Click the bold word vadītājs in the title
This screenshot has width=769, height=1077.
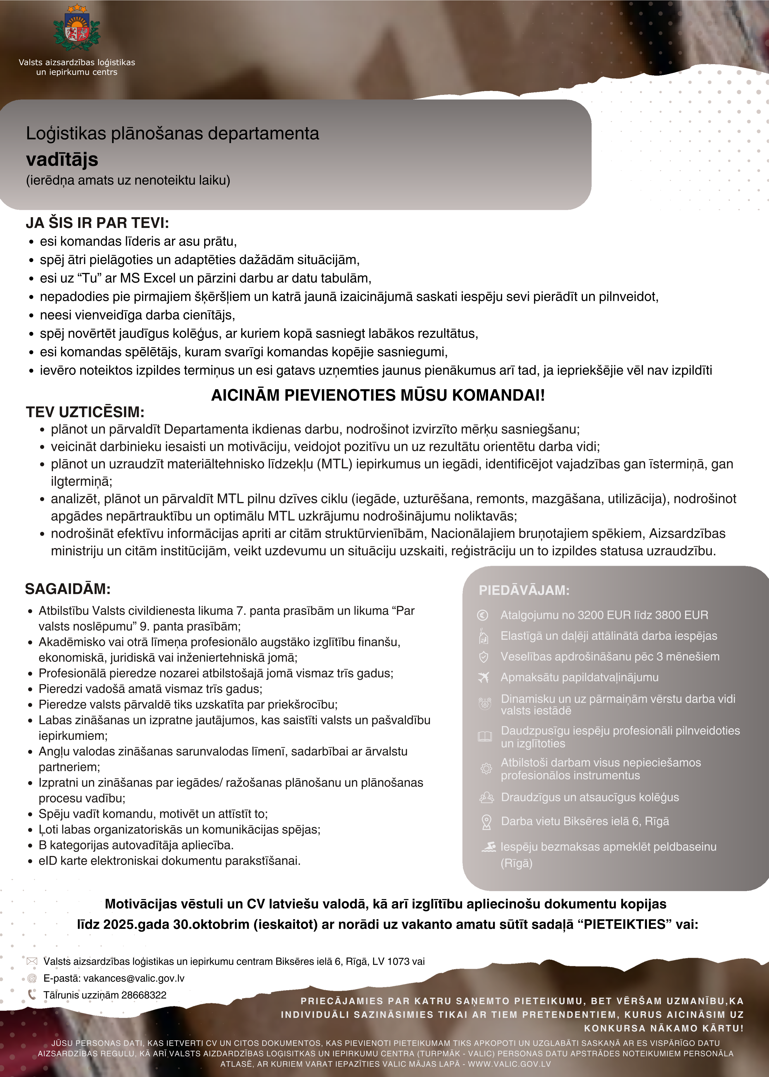pyautogui.click(x=62, y=159)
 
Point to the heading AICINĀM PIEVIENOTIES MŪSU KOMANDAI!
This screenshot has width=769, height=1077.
pyautogui.click(x=378, y=395)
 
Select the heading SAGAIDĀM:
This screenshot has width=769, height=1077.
pyautogui.click(x=68, y=589)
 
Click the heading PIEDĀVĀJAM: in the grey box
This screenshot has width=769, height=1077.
pyautogui.click(x=524, y=590)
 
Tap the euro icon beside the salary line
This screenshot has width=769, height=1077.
pyautogui.click(x=482, y=615)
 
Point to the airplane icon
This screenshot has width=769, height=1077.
pyautogui.click(x=483, y=678)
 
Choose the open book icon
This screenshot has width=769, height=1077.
pyautogui.click(x=485, y=736)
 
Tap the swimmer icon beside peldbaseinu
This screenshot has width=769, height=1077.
pyautogui.click(x=488, y=847)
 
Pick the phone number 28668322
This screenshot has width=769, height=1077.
pyautogui.click(x=144, y=995)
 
